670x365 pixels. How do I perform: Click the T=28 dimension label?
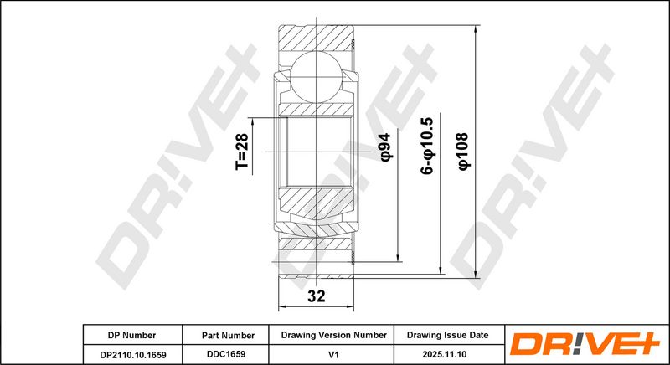tap(241, 152)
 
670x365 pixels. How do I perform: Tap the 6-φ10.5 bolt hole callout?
tap(427, 146)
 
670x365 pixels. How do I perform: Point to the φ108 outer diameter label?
tap(463, 152)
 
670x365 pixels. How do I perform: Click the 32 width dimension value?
tap(317, 296)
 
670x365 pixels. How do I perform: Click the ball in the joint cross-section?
tap(317, 77)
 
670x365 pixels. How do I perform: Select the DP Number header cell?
tap(131, 335)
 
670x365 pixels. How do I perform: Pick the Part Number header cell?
tap(228, 336)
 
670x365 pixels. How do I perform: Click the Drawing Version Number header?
tap(333, 335)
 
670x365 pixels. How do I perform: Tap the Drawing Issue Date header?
tap(447, 335)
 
